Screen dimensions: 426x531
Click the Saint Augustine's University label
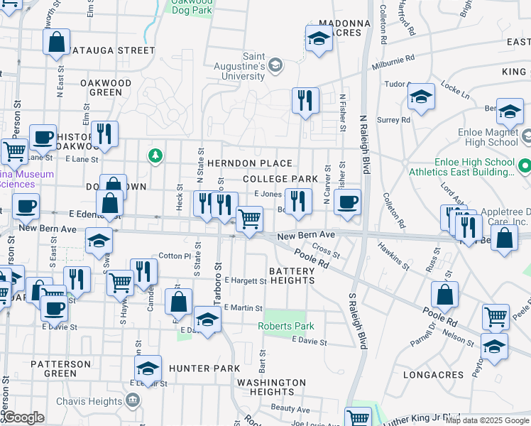click(x=254, y=66)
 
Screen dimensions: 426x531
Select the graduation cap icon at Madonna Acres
click(x=319, y=39)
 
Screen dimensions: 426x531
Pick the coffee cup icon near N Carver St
click(x=347, y=202)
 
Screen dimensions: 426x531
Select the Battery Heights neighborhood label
click(x=292, y=275)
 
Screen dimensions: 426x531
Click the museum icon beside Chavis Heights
click(x=133, y=400)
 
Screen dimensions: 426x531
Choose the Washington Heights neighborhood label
click(x=271, y=387)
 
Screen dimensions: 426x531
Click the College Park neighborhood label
click(x=280, y=179)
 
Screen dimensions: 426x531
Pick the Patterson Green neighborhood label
click(x=60, y=368)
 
